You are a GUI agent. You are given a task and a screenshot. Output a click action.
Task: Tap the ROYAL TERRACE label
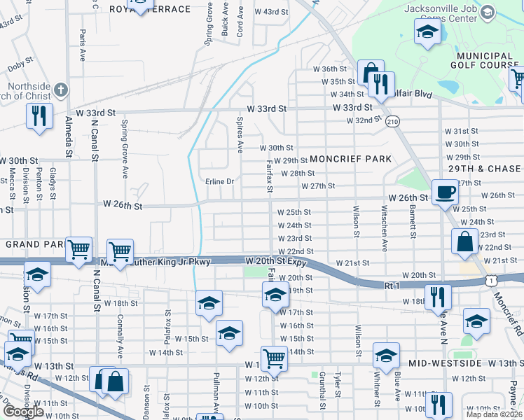click(151, 9)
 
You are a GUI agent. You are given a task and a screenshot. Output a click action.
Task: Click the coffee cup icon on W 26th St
click(445, 192)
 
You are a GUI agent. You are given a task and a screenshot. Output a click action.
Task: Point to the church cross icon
click(61, 90)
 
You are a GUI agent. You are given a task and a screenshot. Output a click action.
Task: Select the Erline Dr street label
click(219, 181)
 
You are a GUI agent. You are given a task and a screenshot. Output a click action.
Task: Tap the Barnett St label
click(413, 222)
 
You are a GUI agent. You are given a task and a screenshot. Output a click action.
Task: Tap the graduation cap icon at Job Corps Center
click(427, 32)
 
